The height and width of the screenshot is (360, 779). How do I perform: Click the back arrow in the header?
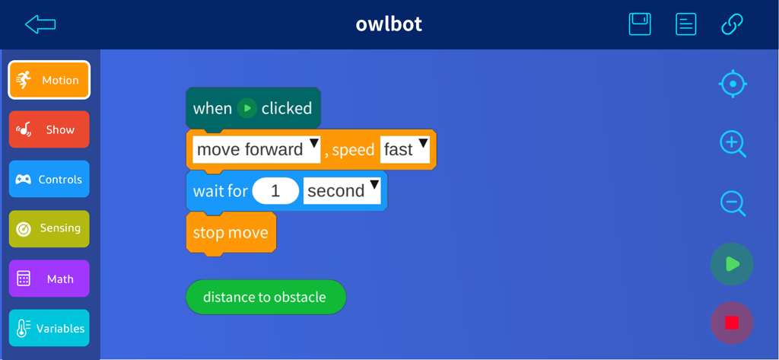(40, 24)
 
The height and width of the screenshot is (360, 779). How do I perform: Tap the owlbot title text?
(389, 24)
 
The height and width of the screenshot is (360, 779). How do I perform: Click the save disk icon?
(640, 24)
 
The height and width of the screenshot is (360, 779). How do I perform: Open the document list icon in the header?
(685, 24)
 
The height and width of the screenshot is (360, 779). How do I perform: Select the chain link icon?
(732, 24)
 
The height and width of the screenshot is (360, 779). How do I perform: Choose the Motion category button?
(49, 80)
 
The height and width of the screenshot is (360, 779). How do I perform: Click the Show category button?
(49, 129)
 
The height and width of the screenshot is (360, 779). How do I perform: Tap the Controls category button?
(49, 179)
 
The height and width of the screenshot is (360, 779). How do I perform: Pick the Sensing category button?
(49, 228)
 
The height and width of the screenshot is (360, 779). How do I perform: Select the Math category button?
(49, 279)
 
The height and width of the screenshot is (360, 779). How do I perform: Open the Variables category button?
(49, 328)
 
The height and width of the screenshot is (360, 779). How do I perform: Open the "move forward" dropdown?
(256, 149)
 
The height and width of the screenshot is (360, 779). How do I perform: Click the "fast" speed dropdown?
(405, 149)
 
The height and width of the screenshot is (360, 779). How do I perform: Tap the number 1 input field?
(275, 190)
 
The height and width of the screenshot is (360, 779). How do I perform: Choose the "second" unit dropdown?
(342, 190)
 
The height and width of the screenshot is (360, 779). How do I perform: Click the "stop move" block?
(231, 232)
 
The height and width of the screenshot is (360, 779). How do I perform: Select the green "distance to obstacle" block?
(265, 297)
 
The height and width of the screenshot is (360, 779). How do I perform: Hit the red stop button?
(732, 323)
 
